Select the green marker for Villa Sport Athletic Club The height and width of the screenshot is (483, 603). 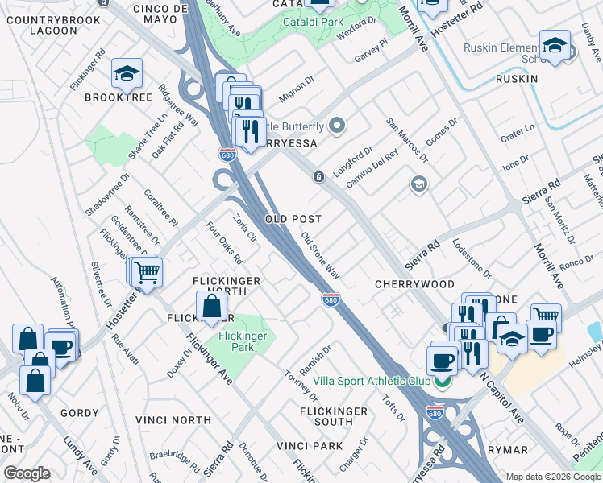[440, 381]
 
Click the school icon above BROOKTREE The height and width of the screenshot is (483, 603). [127, 74]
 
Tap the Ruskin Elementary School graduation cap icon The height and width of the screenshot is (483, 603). [555, 46]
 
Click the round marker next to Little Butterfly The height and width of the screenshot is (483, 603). [336, 126]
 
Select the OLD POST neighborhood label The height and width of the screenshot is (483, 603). [293, 219]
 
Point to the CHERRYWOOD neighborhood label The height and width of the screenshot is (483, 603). [414, 285]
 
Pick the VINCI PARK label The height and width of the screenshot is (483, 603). [310, 446]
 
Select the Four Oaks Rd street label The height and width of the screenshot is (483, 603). [224, 243]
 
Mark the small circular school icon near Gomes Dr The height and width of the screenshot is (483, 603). [418, 184]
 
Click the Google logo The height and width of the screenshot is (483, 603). [27, 473]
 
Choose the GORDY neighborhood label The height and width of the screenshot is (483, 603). [80, 413]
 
